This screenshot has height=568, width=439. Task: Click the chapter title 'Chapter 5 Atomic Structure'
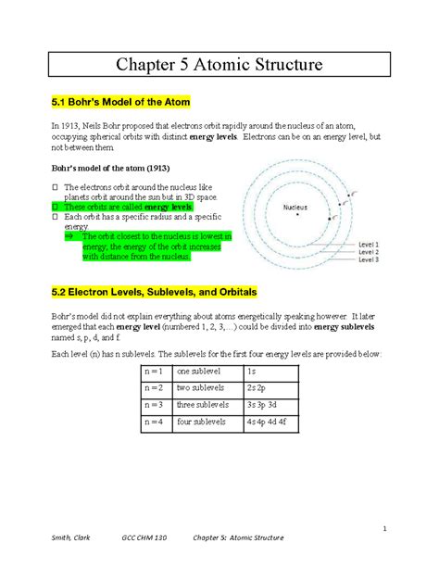pos(219,65)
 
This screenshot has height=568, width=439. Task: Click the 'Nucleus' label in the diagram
pos(295,207)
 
